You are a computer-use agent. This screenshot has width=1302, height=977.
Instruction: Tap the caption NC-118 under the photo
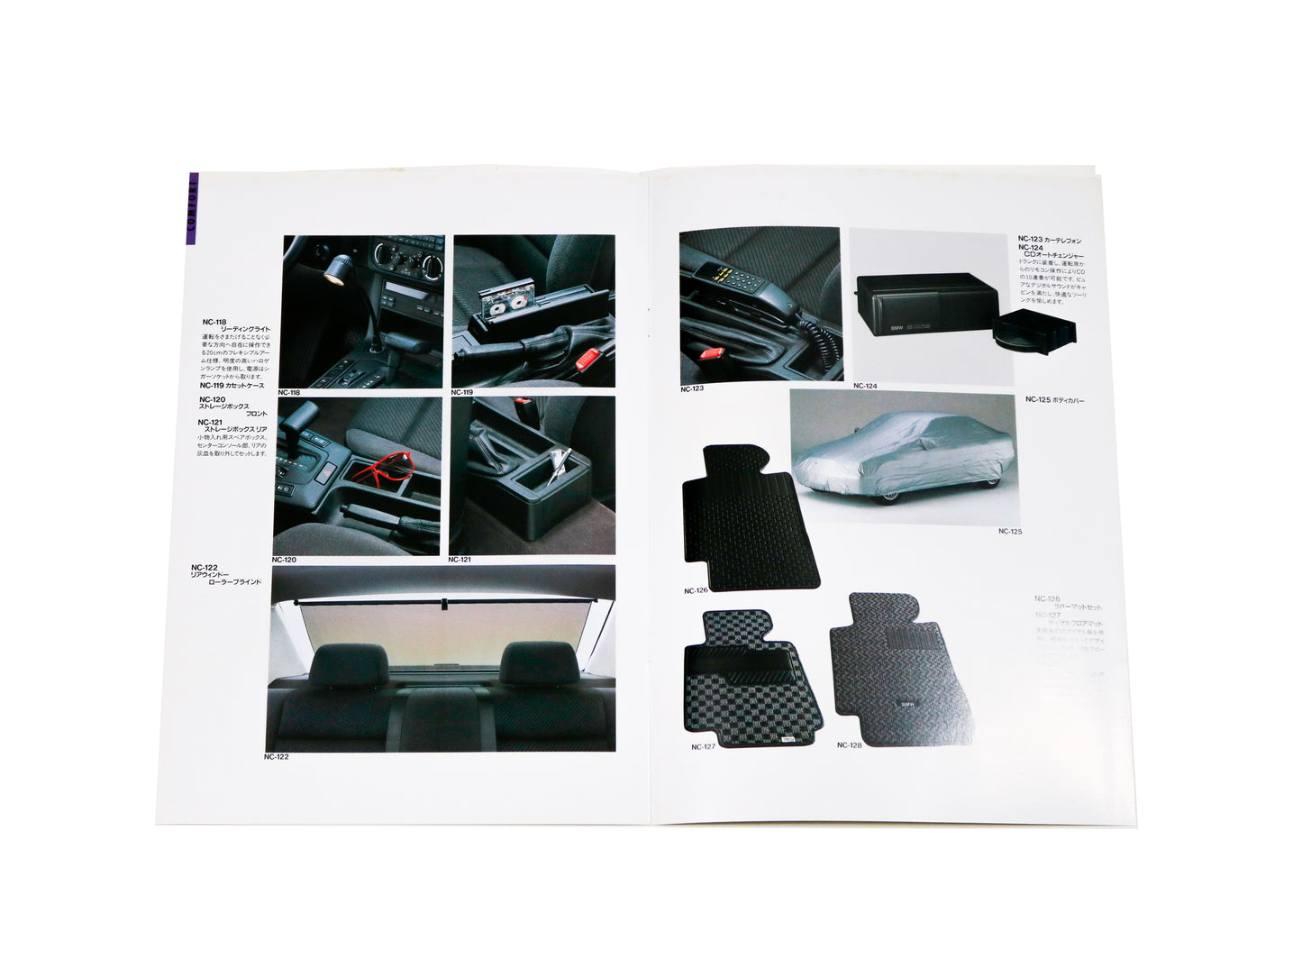tap(289, 393)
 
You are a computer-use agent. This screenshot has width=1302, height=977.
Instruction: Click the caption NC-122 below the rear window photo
tap(277, 757)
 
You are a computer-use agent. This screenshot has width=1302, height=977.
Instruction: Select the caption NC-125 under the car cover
tap(1010, 532)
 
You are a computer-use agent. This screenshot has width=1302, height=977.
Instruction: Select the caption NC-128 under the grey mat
tap(849, 745)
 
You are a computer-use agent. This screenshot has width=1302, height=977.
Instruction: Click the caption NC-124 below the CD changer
tap(865, 387)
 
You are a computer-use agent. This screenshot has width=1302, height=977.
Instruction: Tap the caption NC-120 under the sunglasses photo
tap(284, 560)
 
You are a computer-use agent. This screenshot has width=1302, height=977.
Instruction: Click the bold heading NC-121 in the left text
tap(211, 422)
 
